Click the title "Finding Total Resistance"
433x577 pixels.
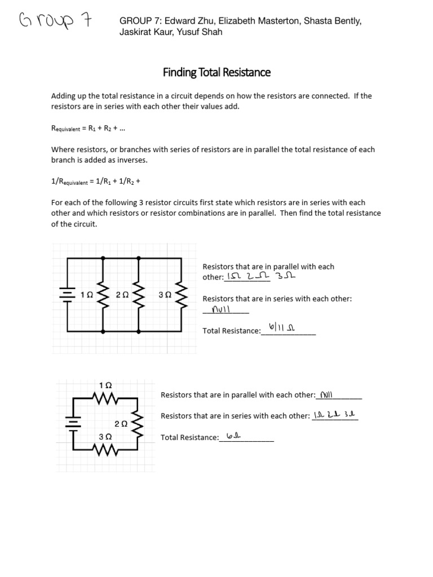pyautogui.click(x=216, y=72)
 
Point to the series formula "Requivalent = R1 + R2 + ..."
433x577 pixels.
pyautogui.click(x=89, y=128)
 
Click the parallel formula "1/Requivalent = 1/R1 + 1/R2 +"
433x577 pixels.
pyautogui.click(x=94, y=181)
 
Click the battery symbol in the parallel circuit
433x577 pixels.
pyautogui.click(x=68, y=294)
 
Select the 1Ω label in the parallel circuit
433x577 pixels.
pyautogui.click(x=87, y=295)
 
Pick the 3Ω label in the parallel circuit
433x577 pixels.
pyautogui.click(x=165, y=295)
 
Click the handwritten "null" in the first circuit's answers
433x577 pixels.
pyautogui.click(x=221, y=310)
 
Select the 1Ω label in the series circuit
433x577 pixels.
pyautogui.click(x=105, y=385)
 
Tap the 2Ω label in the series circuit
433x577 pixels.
pyautogui.click(x=121, y=423)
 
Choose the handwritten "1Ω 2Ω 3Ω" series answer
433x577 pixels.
pyautogui.click(x=335, y=415)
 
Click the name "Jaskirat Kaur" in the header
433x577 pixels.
pyautogui.click(x=145, y=32)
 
